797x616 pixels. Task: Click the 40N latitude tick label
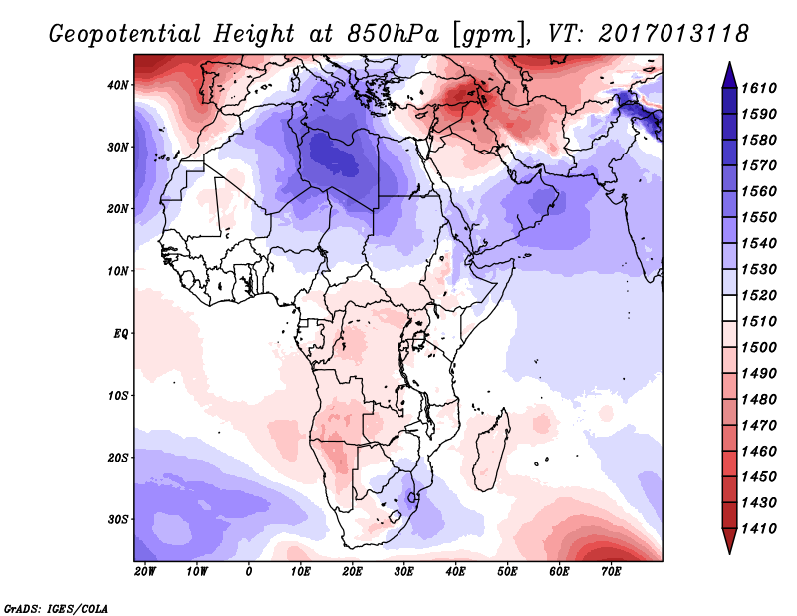coord(118,85)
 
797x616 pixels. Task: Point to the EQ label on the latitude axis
coord(121,334)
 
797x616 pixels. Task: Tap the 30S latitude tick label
coord(118,520)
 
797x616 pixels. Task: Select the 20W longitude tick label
coord(145,572)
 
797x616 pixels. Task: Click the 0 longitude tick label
coord(248,572)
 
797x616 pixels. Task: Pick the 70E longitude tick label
coord(611,572)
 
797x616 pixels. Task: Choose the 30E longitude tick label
coord(403,572)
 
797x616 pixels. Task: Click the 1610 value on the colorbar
coord(759,88)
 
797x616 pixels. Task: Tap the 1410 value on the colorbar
coord(759,529)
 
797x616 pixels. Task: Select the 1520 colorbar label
coord(759,295)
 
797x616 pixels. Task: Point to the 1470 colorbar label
coord(759,426)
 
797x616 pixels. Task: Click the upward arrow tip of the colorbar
coord(729,63)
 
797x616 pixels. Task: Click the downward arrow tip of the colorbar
coord(729,553)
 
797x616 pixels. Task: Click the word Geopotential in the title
coord(126,35)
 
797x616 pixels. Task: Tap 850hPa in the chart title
coord(393,34)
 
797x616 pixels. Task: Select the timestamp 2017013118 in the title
coord(673,34)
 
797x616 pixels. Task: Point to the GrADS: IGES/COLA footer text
coord(56,609)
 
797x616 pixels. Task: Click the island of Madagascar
coord(491,452)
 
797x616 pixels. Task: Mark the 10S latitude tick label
coord(118,396)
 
